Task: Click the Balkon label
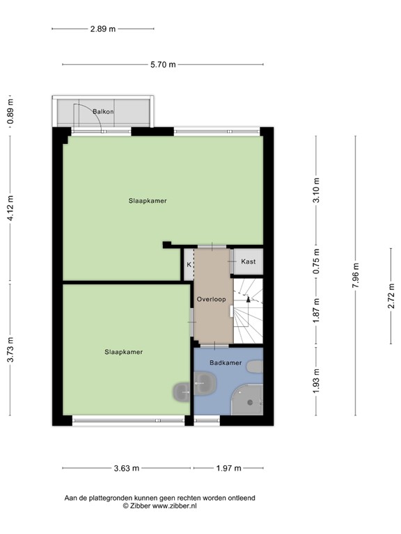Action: [103, 111]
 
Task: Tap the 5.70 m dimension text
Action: [163, 65]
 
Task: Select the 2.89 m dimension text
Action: [103, 29]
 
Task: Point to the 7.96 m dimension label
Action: [355, 275]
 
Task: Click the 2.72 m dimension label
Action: [391, 296]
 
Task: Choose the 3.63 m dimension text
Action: [127, 468]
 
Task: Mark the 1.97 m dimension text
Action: [228, 468]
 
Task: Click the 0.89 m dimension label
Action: [10, 111]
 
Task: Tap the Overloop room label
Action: [212, 300]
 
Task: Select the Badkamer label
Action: [226, 363]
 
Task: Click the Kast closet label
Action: [249, 261]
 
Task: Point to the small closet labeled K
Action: [189, 264]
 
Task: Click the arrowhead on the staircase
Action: [249, 299]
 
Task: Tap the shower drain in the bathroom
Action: [250, 403]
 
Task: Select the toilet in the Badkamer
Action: [255, 367]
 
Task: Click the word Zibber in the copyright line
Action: [140, 505]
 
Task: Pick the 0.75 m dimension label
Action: [317, 261]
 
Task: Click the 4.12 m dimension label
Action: [10, 208]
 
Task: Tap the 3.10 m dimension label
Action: [317, 191]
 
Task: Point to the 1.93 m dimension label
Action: [317, 381]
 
